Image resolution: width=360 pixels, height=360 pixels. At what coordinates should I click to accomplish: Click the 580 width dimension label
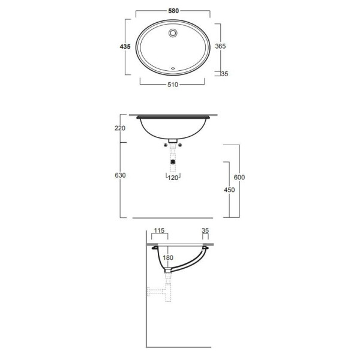click(x=173, y=11)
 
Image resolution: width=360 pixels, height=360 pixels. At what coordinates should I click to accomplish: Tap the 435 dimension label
click(x=125, y=47)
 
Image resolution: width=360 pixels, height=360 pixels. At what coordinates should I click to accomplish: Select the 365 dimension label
click(x=220, y=46)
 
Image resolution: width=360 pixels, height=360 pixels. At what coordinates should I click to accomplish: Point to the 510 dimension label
click(x=173, y=85)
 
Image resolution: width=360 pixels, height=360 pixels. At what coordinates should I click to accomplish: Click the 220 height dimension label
click(x=120, y=128)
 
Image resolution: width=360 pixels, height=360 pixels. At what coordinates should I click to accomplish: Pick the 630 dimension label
click(x=120, y=175)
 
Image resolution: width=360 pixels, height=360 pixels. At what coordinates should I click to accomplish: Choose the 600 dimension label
click(x=239, y=177)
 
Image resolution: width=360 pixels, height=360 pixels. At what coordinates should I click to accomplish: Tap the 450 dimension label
click(x=229, y=190)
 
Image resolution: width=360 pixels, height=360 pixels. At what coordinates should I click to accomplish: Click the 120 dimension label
click(x=173, y=178)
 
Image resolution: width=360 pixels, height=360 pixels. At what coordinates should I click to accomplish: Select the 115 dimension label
click(x=160, y=230)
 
